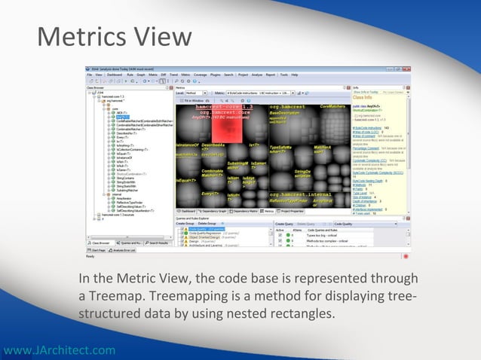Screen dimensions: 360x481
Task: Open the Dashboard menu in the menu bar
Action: coord(115,75)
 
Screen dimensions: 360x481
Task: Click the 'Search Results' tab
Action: coord(157,243)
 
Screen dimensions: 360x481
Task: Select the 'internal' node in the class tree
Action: coord(112,195)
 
